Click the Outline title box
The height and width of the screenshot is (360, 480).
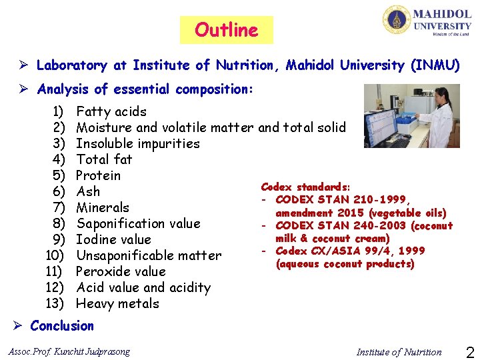[226, 30]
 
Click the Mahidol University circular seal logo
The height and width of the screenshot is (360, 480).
[396, 20]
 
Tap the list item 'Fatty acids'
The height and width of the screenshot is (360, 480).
[111, 111]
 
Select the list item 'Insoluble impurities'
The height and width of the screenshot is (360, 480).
[138, 143]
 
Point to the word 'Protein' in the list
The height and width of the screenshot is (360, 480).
[99, 175]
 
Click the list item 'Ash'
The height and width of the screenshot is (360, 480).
[88, 191]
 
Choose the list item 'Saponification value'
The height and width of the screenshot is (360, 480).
[138, 223]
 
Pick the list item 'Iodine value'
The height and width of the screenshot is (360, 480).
[113, 239]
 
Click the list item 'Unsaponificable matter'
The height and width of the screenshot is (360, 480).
[149, 255]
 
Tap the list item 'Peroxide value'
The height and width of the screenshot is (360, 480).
[121, 271]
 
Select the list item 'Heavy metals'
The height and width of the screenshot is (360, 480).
[117, 303]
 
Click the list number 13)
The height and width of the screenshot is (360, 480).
[55, 303]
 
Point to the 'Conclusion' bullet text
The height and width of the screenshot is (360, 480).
[62, 325]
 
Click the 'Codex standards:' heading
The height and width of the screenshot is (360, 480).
[305, 187]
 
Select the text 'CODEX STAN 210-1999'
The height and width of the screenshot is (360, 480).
[343, 200]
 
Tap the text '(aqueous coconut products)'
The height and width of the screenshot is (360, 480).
[345, 264]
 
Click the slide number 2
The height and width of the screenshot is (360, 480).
[469, 351]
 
